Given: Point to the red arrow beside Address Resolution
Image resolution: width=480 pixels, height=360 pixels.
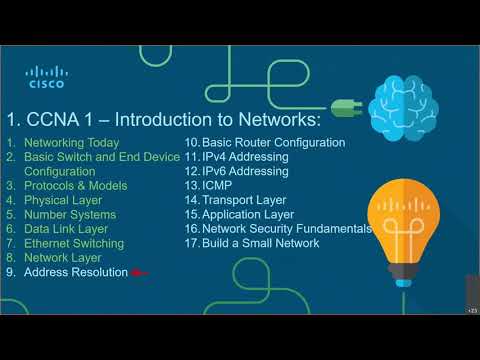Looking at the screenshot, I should (x=139, y=272).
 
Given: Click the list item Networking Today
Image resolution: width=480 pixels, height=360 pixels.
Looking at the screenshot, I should (x=71, y=143).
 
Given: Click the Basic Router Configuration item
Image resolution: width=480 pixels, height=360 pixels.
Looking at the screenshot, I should (x=273, y=143).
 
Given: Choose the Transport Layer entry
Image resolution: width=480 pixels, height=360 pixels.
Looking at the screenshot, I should (x=243, y=200).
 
